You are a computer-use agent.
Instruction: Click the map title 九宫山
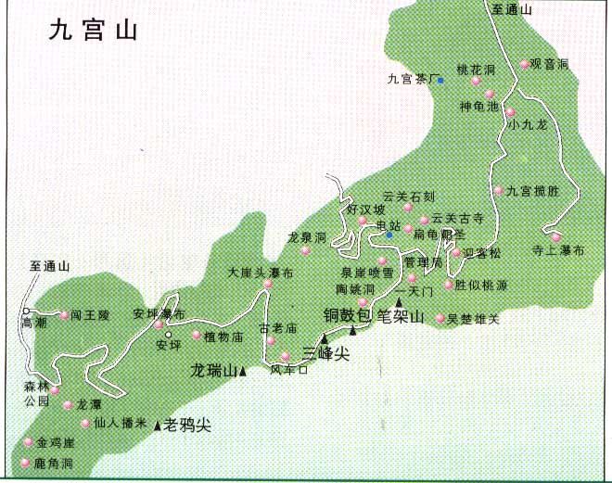[x=95, y=32]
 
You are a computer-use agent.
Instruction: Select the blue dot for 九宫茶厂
[x=441, y=81]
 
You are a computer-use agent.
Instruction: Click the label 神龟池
[x=478, y=106]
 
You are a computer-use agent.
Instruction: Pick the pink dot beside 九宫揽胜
[x=498, y=191]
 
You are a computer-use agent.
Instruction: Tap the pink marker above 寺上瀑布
[x=556, y=236]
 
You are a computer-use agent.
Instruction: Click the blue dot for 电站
[x=390, y=235]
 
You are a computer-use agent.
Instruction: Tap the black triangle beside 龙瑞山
[x=243, y=373]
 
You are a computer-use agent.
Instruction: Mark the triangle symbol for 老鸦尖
[x=158, y=426]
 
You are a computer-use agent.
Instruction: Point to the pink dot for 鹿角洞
[x=25, y=462]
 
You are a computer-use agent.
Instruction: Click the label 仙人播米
[x=114, y=423]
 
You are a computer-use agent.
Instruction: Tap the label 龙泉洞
[x=306, y=237]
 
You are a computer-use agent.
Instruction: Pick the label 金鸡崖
[x=56, y=442]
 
